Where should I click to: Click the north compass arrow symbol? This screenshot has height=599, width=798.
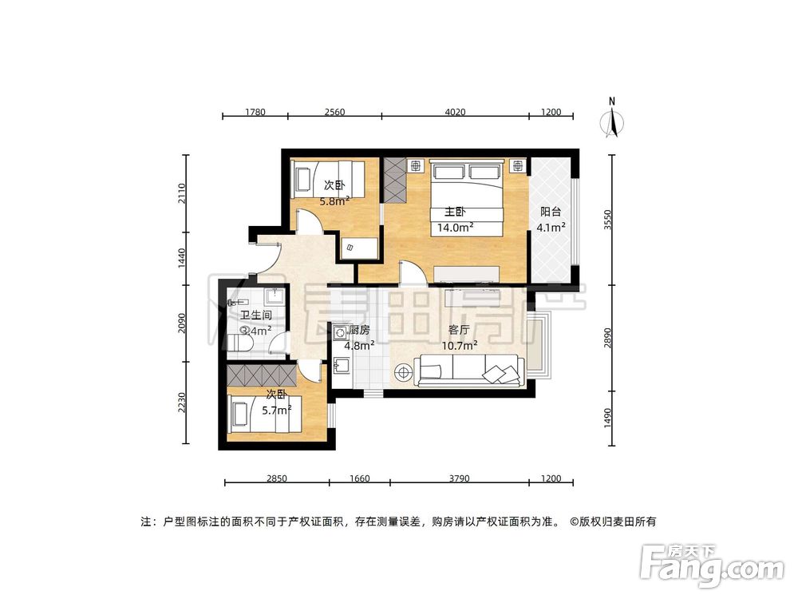click(612, 121)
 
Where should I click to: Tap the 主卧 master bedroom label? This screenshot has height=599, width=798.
click(454, 212)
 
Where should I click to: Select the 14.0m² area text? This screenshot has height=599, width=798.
click(455, 227)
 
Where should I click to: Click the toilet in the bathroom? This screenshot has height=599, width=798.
click(240, 343)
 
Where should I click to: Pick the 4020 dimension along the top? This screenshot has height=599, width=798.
click(454, 112)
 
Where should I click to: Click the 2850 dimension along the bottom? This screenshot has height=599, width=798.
click(276, 478)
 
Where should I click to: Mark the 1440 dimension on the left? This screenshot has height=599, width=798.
click(182, 256)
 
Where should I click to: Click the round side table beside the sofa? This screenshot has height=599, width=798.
click(403, 371)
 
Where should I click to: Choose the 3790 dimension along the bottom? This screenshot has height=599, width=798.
click(459, 478)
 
